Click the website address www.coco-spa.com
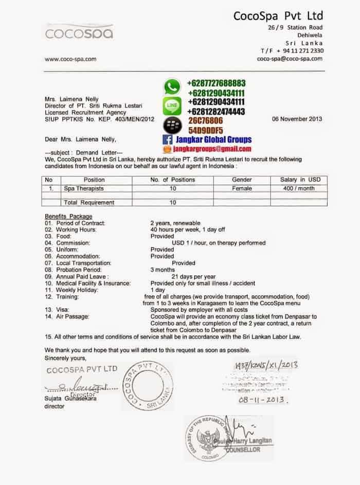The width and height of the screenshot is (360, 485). click(x=70, y=59)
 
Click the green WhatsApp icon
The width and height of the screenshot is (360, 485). click(x=172, y=86)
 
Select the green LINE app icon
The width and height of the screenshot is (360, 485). click(x=172, y=106)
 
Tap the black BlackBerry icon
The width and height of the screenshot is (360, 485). click(x=172, y=125)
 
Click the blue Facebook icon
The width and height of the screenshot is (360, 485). click(x=167, y=139)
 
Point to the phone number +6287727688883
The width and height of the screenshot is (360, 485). click(x=216, y=83)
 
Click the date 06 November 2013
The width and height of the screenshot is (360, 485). click(x=297, y=119)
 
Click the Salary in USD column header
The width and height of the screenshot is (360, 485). click(x=300, y=180)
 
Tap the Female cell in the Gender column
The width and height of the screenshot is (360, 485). click(x=242, y=189)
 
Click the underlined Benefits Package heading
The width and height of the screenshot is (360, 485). click(x=68, y=216)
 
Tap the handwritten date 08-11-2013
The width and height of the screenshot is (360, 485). click(x=262, y=399)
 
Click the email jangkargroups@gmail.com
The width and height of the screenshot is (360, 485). click(x=211, y=148)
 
